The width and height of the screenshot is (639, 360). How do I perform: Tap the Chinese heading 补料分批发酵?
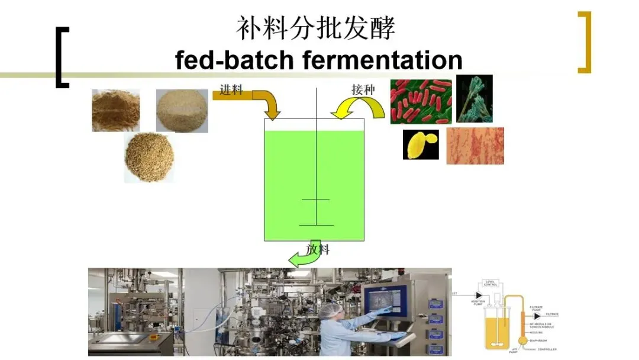point(315,28)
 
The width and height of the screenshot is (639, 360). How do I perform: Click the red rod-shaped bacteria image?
point(421,101)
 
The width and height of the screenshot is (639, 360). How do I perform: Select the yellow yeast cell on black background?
point(421,144)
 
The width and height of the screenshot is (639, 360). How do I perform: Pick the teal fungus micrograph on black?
point(474,98)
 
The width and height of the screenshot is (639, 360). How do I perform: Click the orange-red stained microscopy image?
point(475,146)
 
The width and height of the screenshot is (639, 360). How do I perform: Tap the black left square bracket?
point(61,57)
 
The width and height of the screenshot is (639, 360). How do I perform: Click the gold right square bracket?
point(585,42)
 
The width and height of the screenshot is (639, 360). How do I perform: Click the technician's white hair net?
point(333,310)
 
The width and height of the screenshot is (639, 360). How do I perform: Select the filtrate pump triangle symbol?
point(537,316)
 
